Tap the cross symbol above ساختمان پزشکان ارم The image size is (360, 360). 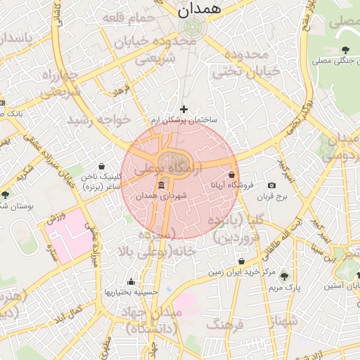(x=184, y=109)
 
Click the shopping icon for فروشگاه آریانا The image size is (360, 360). (x=232, y=174)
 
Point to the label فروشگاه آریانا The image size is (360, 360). (x=232, y=185)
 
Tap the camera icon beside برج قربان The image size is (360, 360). (x=271, y=186)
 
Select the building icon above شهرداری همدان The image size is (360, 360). (x=162, y=185)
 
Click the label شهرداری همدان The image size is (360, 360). (x=162, y=196)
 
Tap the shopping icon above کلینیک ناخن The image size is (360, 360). (x=102, y=166)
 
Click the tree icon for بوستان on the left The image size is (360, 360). (x=6, y=195)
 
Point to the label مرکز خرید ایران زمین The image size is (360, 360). (x=236, y=271)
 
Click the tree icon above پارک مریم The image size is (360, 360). (x=284, y=276)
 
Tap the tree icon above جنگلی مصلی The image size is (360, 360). (x=345, y=49)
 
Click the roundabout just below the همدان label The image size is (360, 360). (x=191, y=27)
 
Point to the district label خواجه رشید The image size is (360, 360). (x=98, y=120)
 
